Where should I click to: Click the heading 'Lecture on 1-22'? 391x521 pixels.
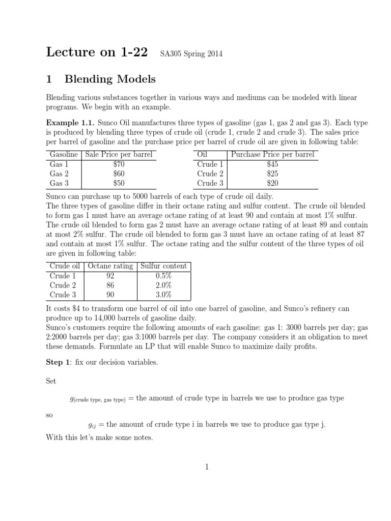[x=97, y=52]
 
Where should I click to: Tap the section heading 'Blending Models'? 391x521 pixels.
[x=110, y=79]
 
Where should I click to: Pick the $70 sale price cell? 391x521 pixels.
[x=119, y=164]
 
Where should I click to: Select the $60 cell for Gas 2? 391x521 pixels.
[x=119, y=174]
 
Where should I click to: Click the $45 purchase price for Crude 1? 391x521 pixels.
[x=272, y=164]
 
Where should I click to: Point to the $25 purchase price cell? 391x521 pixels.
[x=272, y=174]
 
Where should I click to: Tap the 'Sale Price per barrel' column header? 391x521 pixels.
[x=119, y=155]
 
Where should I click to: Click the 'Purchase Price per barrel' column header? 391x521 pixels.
[x=273, y=155]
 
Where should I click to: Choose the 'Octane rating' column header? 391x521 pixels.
[x=110, y=266]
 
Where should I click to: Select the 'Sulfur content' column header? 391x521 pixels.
[x=163, y=266]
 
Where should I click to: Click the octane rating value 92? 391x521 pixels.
[x=110, y=276]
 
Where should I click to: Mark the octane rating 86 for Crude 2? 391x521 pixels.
[x=110, y=285]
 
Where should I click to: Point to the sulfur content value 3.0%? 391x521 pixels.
[x=163, y=295]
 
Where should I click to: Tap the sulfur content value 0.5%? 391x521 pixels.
[x=163, y=276]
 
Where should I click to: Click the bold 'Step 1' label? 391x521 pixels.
[x=59, y=362]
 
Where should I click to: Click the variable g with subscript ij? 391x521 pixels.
[x=93, y=424]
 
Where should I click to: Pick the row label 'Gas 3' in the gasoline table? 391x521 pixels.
[x=59, y=183]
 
